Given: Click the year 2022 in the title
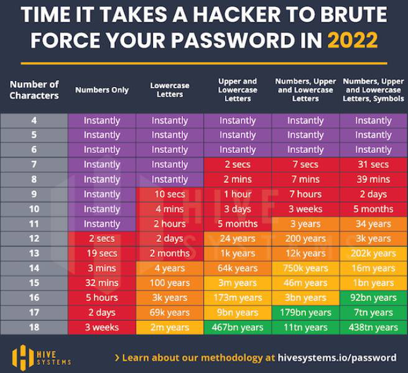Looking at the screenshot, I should (x=352, y=40).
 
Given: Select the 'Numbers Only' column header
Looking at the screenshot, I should (x=102, y=90).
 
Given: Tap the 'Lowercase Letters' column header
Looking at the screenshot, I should (x=169, y=90).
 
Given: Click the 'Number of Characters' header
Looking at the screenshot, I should (x=34, y=90).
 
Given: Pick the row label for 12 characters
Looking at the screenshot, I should (x=34, y=239).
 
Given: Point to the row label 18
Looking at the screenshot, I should (x=34, y=327).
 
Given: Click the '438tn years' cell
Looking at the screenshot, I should (x=373, y=327).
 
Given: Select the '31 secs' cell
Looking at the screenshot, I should (x=373, y=165).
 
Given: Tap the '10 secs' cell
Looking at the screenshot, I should (x=169, y=194).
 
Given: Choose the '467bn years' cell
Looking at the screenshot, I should (x=238, y=327).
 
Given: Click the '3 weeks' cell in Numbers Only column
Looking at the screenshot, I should (x=102, y=327).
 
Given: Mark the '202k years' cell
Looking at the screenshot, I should (x=373, y=253).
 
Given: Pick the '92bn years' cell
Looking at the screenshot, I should (x=373, y=298).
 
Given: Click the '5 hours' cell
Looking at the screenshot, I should (x=102, y=298).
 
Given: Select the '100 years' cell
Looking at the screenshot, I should (x=169, y=283).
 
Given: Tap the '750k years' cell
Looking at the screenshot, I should (x=305, y=268).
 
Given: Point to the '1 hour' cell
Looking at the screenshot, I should (x=238, y=194).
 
